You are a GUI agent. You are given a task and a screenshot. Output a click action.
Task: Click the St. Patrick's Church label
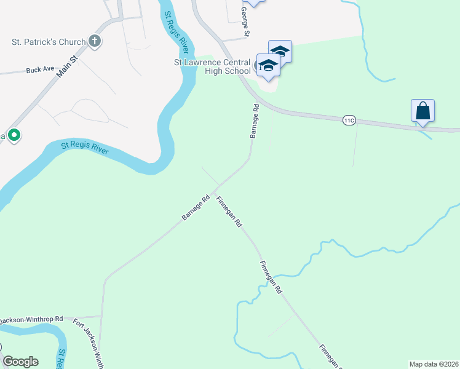click(48, 42)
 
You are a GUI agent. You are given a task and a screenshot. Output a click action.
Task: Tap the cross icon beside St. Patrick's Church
click(94, 42)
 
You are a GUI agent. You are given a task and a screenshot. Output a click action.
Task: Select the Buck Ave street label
click(41, 70)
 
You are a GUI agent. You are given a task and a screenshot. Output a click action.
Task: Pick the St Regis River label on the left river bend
click(85, 149)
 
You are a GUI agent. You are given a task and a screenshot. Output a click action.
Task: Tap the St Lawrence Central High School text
click(212, 66)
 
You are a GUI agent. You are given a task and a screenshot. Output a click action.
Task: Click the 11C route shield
click(349, 121)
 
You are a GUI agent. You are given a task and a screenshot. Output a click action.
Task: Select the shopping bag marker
click(422, 111)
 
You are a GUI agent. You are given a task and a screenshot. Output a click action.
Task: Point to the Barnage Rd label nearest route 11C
click(254, 121)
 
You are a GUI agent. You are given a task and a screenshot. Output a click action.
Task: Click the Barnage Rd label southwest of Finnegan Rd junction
click(196, 209)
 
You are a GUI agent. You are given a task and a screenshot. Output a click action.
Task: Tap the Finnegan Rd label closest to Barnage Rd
click(228, 212)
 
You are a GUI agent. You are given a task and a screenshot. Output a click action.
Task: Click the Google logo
click(20, 362)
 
